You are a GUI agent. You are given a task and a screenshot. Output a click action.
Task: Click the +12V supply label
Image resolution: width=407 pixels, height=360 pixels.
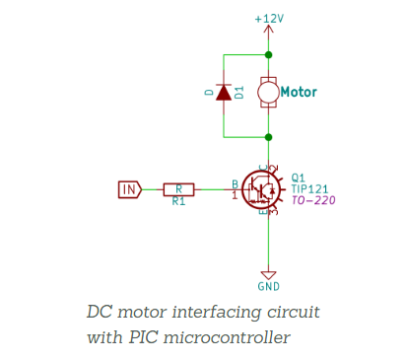[x=268, y=19]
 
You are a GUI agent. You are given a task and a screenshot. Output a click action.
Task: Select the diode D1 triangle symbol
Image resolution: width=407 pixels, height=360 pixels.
[x=224, y=94]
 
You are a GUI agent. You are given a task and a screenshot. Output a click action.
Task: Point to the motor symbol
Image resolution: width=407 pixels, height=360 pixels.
[x=268, y=94]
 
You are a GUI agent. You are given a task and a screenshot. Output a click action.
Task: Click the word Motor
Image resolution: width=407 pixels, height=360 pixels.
[x=299, y=93]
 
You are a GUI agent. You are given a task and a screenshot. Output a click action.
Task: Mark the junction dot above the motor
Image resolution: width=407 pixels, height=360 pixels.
[x=268, y=55]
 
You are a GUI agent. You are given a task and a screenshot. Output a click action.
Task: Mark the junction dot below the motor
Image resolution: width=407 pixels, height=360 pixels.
[x=268, y=136]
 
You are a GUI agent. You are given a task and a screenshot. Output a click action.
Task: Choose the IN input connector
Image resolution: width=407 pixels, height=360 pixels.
[x=129, y=188]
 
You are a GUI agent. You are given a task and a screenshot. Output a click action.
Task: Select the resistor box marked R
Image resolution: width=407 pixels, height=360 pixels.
[x=178, y=188]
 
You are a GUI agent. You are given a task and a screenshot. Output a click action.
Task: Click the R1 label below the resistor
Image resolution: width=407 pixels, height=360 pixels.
[x=178, y=201]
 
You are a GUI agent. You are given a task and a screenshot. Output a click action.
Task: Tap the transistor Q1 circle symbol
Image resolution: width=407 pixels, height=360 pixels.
[x=264, y=188]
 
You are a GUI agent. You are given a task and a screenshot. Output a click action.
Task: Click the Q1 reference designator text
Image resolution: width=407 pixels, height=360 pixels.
[x=299, y=178]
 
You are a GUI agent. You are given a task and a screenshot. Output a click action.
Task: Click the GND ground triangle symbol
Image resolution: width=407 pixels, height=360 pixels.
[x=268, y=275]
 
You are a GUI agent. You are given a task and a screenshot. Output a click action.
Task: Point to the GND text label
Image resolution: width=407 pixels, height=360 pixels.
[x=268, y=287]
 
